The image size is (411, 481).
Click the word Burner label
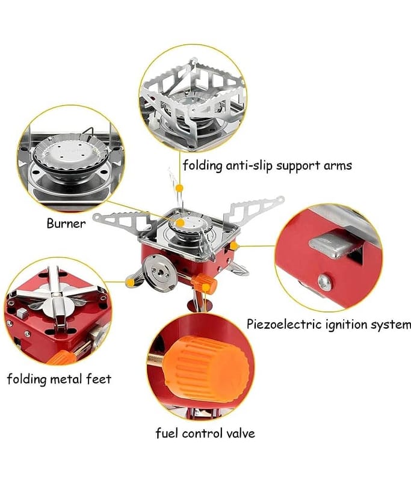[x=66, y=224]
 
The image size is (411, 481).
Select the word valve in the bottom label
[x=239, y=433]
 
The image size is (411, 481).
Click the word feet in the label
[x=99, y=379]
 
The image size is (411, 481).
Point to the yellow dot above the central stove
[x=179, y=189]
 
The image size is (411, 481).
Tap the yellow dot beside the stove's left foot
[x=129, y=281]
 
